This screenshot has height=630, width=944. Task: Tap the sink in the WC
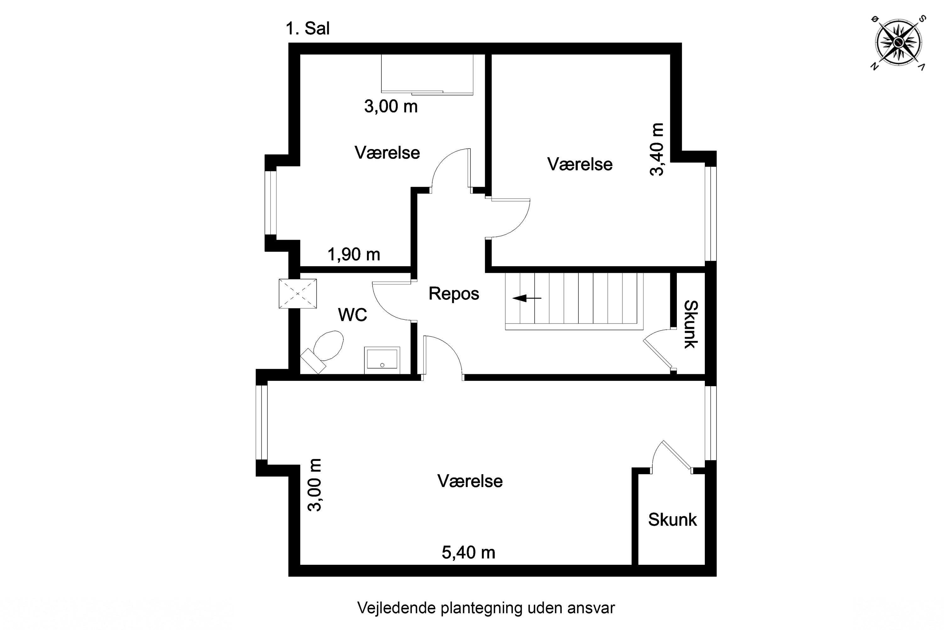[382, 360]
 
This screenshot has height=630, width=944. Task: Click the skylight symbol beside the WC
[297, 294]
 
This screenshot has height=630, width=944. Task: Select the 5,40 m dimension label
[469, 553]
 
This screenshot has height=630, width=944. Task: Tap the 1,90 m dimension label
[354, 254]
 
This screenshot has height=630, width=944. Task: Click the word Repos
[453, 294]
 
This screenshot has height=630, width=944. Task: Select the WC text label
[352, 315]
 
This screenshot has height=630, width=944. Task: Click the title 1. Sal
[307, 29]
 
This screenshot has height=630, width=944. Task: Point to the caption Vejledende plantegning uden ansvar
[486, 608]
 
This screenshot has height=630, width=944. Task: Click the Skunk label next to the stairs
[690, 324]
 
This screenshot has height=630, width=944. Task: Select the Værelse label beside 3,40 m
[580, 164]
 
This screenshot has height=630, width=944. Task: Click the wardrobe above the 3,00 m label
[427, 75]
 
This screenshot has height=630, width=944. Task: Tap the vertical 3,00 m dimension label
[314, 485]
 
